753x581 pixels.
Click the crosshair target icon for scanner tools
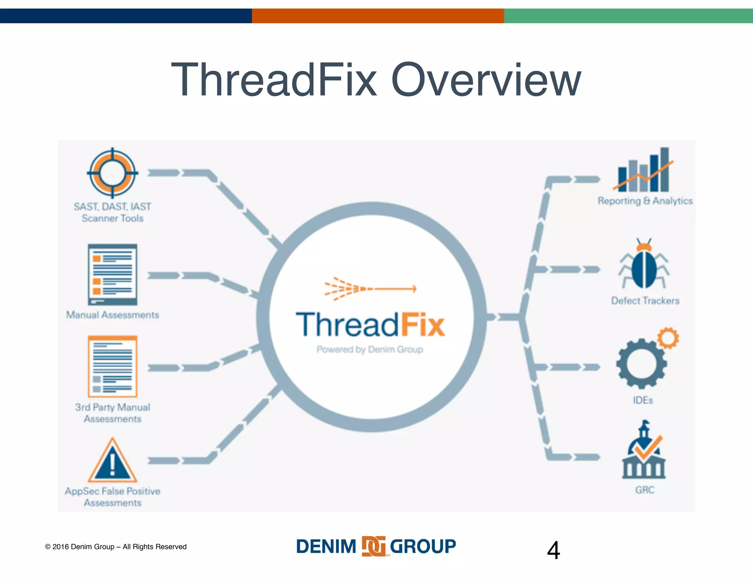coord(113,173)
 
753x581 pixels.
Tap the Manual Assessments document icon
coord(113,274)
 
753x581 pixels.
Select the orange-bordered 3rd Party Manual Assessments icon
coord(113,366)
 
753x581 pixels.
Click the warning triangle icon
coord(113,462)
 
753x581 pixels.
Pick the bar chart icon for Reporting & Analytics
coord(643,170)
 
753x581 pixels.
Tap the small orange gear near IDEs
coord(668,338)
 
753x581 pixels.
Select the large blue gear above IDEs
coord(642,364)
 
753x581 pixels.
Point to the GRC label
coord(645,490)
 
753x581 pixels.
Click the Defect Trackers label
coord(645,301)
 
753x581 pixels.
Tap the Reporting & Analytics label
coord(645,201)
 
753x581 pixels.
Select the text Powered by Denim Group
coord(370,349)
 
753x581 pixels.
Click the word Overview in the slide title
coord(486,80)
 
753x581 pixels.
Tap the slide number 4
coord(553,550)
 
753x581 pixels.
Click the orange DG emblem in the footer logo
coord(374,546)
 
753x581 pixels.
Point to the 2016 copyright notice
coord(116,547)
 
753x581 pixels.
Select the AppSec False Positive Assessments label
coord(113,497)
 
